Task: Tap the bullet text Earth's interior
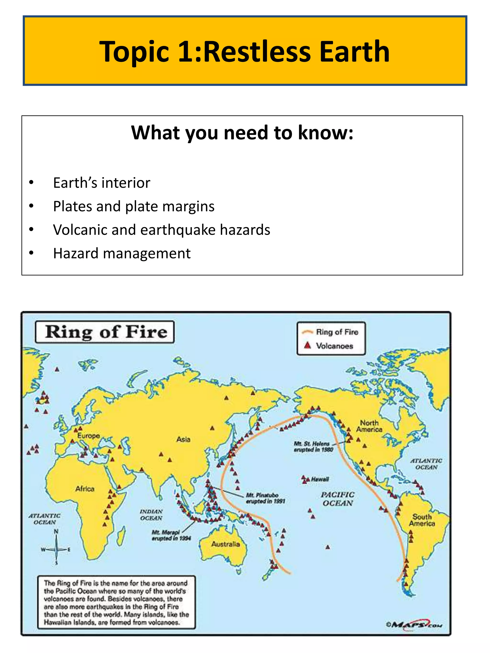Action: [x=102, y=183]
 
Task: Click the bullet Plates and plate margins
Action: [x=134, y=206]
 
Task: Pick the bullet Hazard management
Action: [x=122, y=253]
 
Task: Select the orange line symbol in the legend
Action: [x=307, y=332]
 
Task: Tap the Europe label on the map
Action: [x=89, y=436]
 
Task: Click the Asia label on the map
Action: [x=183, y=439]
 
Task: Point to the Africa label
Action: [x=85, y=489]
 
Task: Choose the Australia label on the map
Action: [x=225, y=544]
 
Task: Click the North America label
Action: [x=369, y=426]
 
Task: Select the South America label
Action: [x=422, y=520]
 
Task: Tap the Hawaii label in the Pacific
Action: [x=320, y=479]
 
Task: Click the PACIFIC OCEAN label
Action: [x=338, y=499]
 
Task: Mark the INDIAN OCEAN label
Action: [x=151, y=515]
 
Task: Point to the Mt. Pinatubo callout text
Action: [x=265, y=498]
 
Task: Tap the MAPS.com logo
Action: [x=415, y=625]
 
